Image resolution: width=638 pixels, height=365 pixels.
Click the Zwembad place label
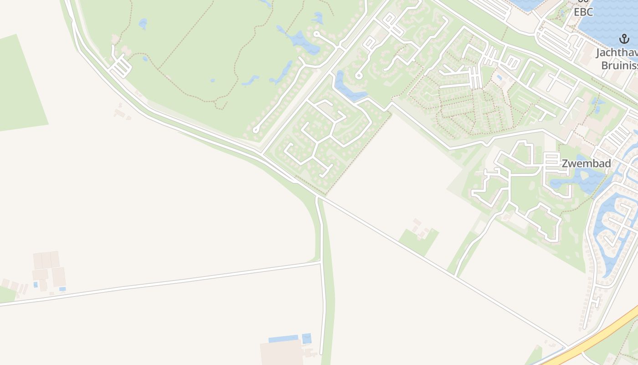586,163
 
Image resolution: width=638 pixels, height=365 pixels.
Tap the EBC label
583,12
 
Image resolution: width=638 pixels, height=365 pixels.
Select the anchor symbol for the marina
624,39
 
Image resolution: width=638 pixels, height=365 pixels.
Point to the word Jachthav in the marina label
616,53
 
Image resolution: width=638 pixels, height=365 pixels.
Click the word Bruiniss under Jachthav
619,65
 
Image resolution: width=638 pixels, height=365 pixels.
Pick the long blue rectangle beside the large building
283,339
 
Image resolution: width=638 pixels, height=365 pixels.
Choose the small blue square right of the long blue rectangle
307,339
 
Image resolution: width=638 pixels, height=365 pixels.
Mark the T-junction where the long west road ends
321,262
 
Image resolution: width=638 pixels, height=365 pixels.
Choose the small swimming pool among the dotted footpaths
500,78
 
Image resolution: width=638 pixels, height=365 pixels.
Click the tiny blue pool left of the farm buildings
36,285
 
